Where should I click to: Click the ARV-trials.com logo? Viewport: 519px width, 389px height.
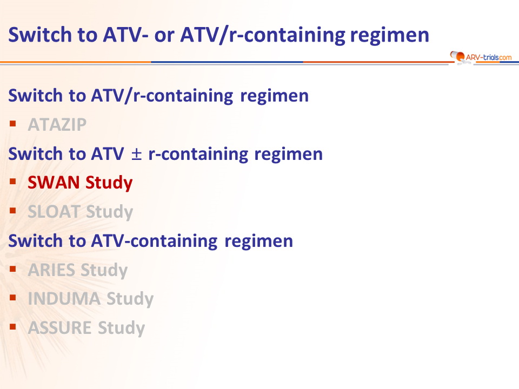481,57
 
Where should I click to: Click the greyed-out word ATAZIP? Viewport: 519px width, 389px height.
57,125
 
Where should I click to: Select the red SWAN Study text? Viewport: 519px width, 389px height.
80,183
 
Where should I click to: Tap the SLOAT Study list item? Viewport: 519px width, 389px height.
81,212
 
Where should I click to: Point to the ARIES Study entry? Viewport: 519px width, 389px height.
78,270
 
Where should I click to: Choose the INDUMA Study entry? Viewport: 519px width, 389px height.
91,299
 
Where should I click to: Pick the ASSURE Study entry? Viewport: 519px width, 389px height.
86,328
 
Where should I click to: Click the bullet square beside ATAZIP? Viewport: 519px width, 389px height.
13,124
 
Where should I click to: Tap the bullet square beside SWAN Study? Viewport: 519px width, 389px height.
13,182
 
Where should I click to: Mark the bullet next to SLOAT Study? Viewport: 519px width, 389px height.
13,211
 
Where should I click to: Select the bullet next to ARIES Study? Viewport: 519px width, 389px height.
13,269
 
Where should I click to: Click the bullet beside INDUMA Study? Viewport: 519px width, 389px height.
13,298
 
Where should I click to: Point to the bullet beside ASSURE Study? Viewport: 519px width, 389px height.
13,327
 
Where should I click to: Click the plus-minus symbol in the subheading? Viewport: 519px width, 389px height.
136,155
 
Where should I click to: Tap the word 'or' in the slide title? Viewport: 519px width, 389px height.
164,36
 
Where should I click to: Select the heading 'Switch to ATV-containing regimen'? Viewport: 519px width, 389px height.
151,241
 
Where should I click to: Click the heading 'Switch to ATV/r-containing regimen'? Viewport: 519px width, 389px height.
158,96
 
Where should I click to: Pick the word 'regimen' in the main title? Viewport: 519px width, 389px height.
390,36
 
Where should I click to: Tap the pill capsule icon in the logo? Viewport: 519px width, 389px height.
457,56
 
